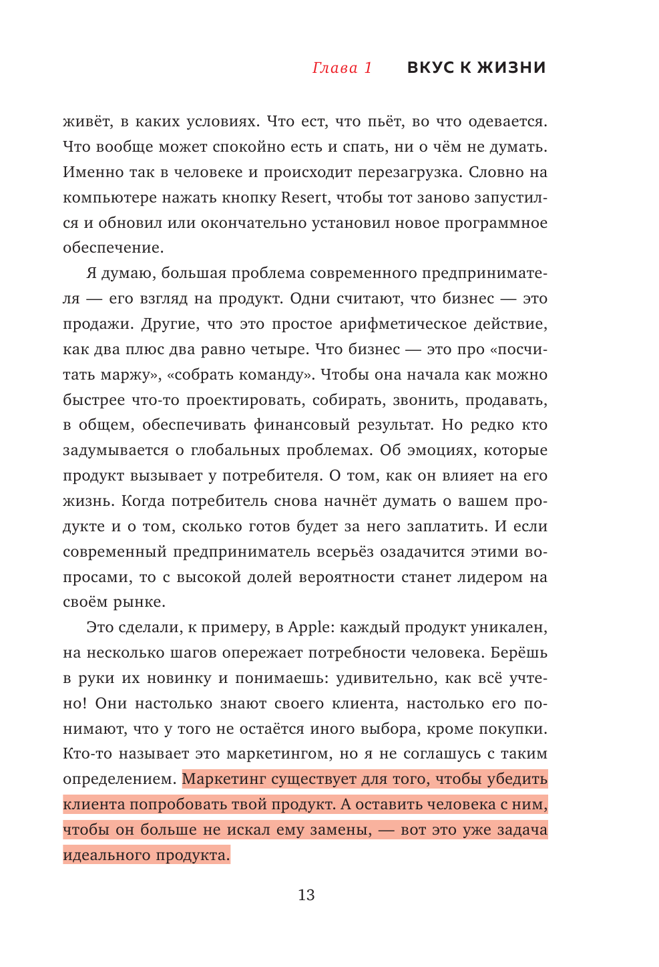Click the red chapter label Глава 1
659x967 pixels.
click(x=342, y=68)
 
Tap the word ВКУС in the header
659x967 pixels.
click(x=430, y=68)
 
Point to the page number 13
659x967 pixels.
click(x=306, y=895)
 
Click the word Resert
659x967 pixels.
click(x=304, y=198)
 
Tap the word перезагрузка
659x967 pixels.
click(x=409, y=172)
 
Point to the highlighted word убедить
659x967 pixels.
click(x=517, y=779)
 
